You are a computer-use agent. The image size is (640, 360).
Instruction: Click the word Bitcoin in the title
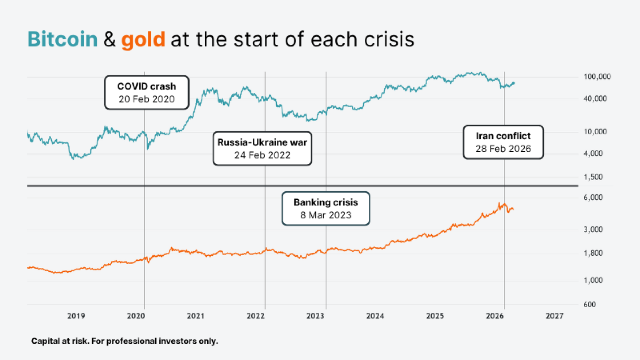click(x=62, y=39)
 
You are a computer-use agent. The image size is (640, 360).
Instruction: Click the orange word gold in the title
click(x=143, y=39)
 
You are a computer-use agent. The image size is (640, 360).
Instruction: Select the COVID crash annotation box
click(x=147, y=92)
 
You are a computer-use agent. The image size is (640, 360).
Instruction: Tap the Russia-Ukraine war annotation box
click(x=262, y=148)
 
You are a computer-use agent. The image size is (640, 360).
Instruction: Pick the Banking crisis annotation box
click(x=325, y=208)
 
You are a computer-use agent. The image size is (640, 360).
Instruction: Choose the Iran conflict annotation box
click(x=503, y=142)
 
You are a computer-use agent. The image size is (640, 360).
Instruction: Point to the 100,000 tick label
click(x=597, y=77)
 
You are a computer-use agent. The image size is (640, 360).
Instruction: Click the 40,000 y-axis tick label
click(x=595, y=99)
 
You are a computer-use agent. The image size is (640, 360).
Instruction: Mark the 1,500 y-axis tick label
click(x=593, y=177)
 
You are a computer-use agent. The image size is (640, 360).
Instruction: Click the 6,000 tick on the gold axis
click(x=593, y=198)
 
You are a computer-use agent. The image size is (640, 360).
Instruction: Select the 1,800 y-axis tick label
click(x=593, y=253)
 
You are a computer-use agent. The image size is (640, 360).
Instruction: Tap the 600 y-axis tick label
click(x=590, y=304)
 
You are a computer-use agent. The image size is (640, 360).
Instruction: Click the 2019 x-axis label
click(x=76, y=316)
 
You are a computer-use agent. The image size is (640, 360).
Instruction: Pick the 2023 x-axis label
click(x=315, y=316)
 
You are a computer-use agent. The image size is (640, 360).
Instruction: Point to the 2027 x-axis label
click(x=554, y=316)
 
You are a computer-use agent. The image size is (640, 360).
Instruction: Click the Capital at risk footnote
click(x=125, y=341)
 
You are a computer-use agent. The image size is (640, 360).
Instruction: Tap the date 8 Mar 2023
click(x=326, y=215)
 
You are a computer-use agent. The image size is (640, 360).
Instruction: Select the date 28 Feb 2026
click(x=503, y=149)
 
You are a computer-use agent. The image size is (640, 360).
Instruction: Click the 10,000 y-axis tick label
click(x=595, y=132)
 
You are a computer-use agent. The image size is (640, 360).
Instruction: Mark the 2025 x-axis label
click(x=435, y=316)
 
